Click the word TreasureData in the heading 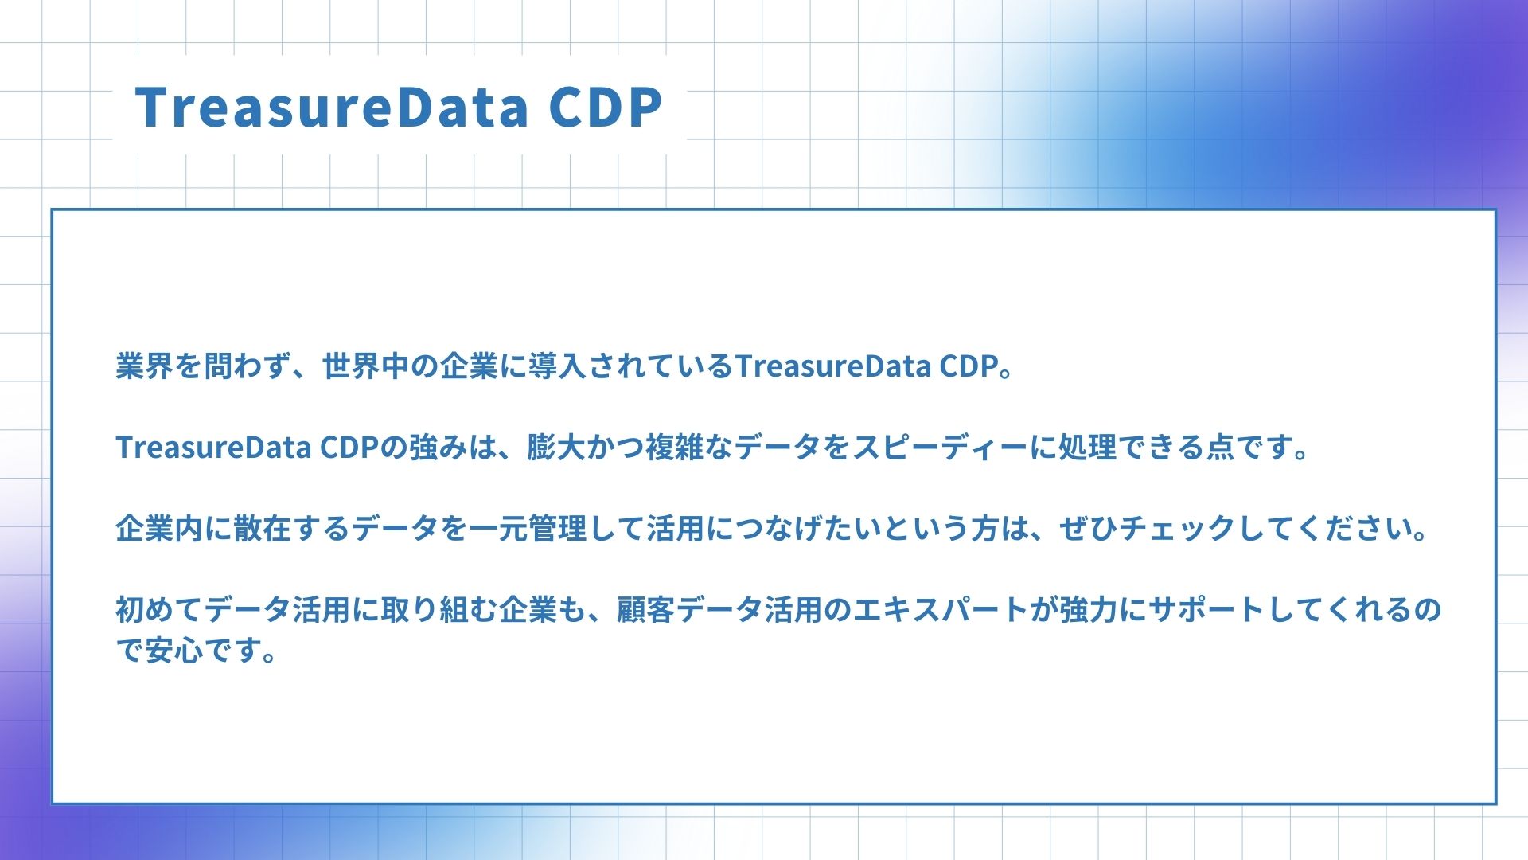331,107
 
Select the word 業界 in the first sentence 145,366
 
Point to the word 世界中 366,366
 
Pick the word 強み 439,448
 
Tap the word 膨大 556,448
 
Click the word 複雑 674,448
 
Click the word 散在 263,529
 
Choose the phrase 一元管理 528,529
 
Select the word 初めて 159,610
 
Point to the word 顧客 646,610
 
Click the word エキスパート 941,610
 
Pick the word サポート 1206,610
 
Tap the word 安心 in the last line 174,651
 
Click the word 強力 1088,610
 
